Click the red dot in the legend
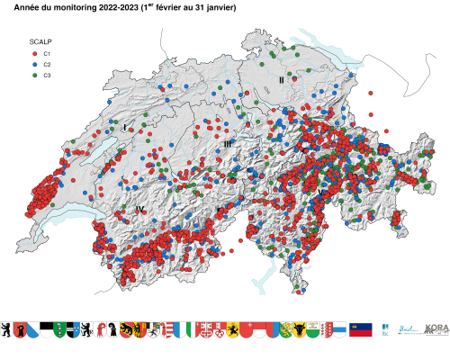click(x=34, y=54)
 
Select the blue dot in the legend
click(x=34, y=65)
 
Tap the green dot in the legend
click(x=34, y=75)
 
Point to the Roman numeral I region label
click(x=124, y=130)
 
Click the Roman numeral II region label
click(x=281, y=80)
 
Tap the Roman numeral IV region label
click(x=139, y=210)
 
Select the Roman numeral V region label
click(x=319, y=193)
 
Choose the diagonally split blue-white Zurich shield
click(x=33, y=329)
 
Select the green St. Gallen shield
click(x=59, y=329)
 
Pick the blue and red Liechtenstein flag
click(x=360, y=329)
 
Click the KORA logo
click(x=436, y=329)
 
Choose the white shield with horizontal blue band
click(x=340, y=329)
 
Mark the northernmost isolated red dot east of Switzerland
click(x=370, y=93)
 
